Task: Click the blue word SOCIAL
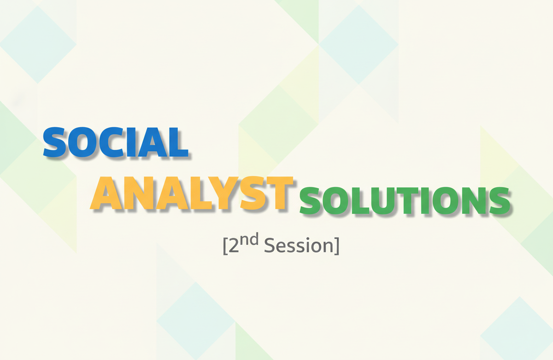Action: pyautogui.click(x=116, y=142)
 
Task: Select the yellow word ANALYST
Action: pyautogui.click(x=192, y=193)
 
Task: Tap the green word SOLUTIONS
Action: pyautogui.click(x=405, y=201)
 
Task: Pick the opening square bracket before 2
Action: pyautogui.click(x=225, y=246)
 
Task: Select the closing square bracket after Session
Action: pyautogui.click(x=337, y=246)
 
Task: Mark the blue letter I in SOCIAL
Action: pyautogui.click(x=131, y=142)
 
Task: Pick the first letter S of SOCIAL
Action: pyautogui.click(x=55, y=142)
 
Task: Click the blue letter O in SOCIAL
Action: pyautogui.click(x=82, y=142)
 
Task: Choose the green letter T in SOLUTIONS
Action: pyautogui.click(x=408, y=201)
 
